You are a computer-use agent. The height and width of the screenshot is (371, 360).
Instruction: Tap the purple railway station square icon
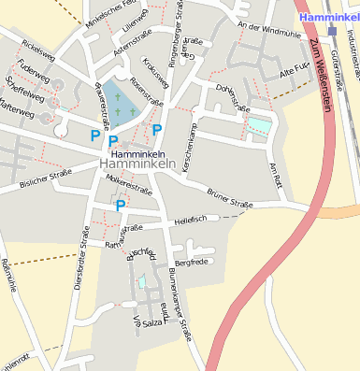click(x=332, y=31)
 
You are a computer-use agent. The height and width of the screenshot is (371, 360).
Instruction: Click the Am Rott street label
click(x=274, y=172)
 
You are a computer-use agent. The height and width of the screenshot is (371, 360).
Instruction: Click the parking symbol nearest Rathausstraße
click(x=121, y=205)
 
